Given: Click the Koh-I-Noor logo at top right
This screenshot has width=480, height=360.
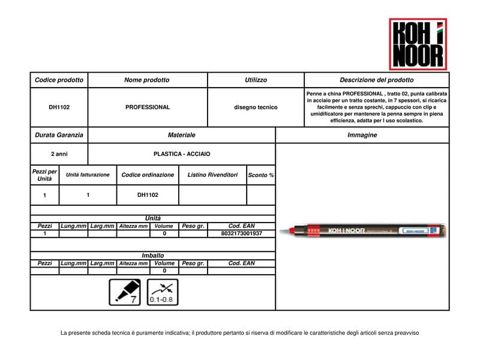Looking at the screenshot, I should tap(418, 43).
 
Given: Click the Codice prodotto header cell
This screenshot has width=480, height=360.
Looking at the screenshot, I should tap(59, 80).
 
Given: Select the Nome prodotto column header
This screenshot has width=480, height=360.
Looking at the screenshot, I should tap(147, 80).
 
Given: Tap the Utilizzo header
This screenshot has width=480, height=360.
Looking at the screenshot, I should tap(256, 80).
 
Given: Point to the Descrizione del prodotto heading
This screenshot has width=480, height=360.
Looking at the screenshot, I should tap(376, 80).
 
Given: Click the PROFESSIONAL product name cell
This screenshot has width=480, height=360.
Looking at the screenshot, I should tap(147, 107).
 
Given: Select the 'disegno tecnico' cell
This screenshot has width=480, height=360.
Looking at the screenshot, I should tap(256, 107).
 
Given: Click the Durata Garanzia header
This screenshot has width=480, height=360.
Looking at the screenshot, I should tap(59, 135).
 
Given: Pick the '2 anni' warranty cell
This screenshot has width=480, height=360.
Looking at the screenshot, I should tap(59, 154).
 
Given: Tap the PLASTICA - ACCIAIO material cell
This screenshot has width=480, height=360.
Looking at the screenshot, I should tap(182, 154).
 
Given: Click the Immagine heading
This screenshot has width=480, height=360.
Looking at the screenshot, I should tap(362, 135).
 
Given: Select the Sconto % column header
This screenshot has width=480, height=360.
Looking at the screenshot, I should tap(260, 175).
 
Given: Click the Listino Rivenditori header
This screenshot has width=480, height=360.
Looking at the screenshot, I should tap(212, 175).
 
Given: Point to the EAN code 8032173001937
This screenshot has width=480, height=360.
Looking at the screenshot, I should tap(242, 233).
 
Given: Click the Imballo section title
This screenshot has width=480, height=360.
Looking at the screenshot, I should tap(152, 256).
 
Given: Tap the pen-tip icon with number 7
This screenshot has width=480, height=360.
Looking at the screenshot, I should tap(125, 292).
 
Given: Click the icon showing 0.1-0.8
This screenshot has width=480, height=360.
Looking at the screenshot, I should tap(162, 292).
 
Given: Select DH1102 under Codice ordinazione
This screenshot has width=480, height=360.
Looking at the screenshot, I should tap(148, 195).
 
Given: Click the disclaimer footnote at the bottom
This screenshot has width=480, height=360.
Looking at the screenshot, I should tap(239, 332).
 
